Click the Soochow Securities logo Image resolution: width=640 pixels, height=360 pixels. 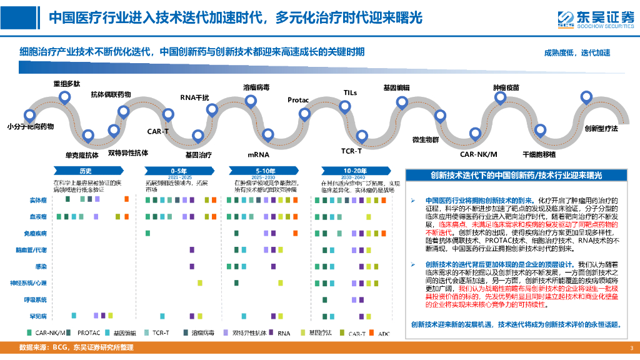coord(594,19)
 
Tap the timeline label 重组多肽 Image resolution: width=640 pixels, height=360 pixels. coord(66,83)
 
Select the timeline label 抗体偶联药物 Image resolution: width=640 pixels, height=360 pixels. coord(111,94)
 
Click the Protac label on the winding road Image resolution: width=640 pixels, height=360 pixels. coord(298,100)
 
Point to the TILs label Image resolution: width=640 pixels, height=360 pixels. coord(350,92)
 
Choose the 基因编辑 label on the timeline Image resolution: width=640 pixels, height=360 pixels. coord(396,88)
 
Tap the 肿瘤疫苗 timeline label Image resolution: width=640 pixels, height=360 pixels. coord(506,88)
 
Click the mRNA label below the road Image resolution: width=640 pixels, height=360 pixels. coord(257,154)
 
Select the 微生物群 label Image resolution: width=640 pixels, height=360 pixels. coord(426,139)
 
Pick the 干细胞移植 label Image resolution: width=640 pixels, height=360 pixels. coord(539,154)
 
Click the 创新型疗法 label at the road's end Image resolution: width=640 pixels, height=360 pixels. coord(601,128)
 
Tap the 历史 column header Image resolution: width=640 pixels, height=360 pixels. coord(86,171)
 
